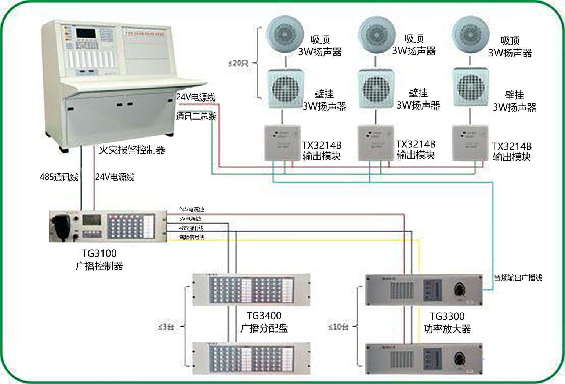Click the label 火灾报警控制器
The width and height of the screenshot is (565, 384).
tap(132, 150)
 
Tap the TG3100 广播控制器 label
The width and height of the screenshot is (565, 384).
tap(99, 260)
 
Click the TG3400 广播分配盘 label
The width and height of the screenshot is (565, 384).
tap(264, 322)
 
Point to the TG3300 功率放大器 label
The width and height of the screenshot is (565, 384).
tap(447, 323)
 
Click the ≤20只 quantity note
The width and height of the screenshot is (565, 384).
tap(238, 63)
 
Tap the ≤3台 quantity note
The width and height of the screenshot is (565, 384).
tap(166, 327)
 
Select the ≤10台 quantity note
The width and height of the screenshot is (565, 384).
tap(338, 327)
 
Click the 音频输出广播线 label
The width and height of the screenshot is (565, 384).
tap(518, 278)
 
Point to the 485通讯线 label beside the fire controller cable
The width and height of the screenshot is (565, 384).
tap(59, 177)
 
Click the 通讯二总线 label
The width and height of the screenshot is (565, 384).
tap(196, 117)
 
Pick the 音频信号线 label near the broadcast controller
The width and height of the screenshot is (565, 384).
tap(192, 238)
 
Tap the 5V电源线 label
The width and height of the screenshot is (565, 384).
tap(190, 219)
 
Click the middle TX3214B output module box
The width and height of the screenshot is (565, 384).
tap(376, 143)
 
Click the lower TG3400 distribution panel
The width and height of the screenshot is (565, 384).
tap(251, 358)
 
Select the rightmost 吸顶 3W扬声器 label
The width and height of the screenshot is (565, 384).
tap(510, 47)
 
